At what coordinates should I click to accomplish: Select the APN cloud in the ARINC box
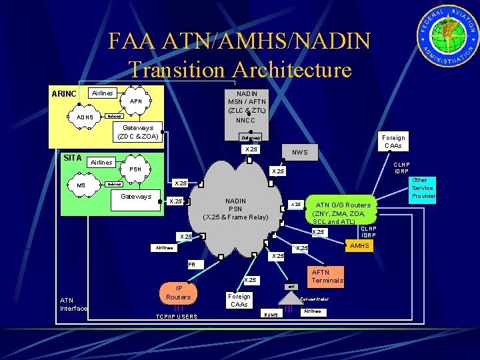(x=135, y=102)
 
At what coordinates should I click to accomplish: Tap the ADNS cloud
(x=85, y=117)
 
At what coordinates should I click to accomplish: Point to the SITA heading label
(x=72, y=157)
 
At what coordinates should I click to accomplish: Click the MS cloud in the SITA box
(x=81, y=185)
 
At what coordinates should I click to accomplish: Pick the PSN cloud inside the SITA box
(x=135, y=169)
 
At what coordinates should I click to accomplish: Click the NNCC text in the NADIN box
(x=247, y=121)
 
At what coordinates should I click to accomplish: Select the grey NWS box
(x=300, y=152)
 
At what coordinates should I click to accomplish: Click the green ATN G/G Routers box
(x=343, y=213)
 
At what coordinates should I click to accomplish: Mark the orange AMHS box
(x=359, y=246)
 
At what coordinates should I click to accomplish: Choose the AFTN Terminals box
(x=327, y=276)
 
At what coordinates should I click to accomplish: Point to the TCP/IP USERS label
(x=176, y=316)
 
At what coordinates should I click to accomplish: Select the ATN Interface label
(x=73, y=304)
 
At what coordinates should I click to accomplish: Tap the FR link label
(x=192, y=265)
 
